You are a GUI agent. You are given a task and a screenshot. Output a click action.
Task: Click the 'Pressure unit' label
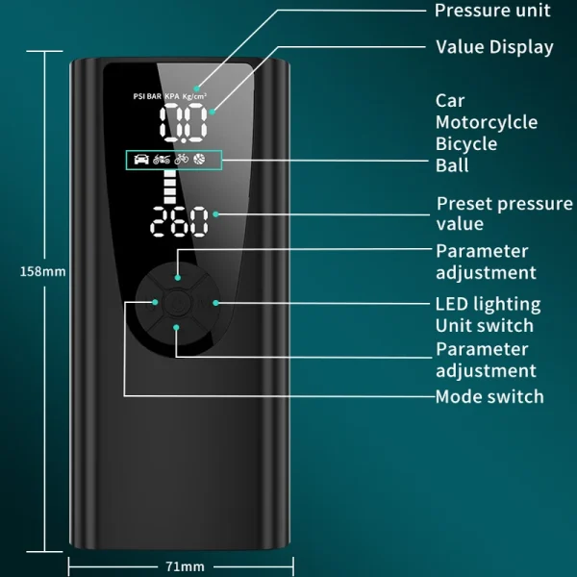click(x=492, y=11)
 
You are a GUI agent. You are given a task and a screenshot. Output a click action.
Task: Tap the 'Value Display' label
click(x=494, y=46)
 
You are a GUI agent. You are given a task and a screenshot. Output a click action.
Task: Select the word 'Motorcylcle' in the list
click(x=487, y=122)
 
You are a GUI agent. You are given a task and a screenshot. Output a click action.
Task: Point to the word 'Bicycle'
click(x=466, y=143)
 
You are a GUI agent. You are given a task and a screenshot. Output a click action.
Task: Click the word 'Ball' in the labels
click(x=452, y=164)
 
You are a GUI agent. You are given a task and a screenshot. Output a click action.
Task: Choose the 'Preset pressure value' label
click(x=504, y=213)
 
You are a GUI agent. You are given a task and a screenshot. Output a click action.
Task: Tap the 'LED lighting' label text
click(x=488, y=304)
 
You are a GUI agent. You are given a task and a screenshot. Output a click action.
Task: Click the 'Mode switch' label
click(x=489, y=396)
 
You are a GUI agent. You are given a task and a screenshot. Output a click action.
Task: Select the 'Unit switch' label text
click(x=484, y=325)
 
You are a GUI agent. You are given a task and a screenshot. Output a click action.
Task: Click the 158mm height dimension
click(x=43, y=272)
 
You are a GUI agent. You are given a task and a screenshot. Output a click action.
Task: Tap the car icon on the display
click(x=139, y=159)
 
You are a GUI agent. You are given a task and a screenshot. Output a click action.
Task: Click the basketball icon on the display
click(x=199, y=159)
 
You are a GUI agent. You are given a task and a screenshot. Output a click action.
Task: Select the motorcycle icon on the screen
click(x=161, y=159)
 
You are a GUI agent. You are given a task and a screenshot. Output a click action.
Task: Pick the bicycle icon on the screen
click(x=181, y=159)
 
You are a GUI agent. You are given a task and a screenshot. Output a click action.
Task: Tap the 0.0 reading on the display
click(x=183, y=125)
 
